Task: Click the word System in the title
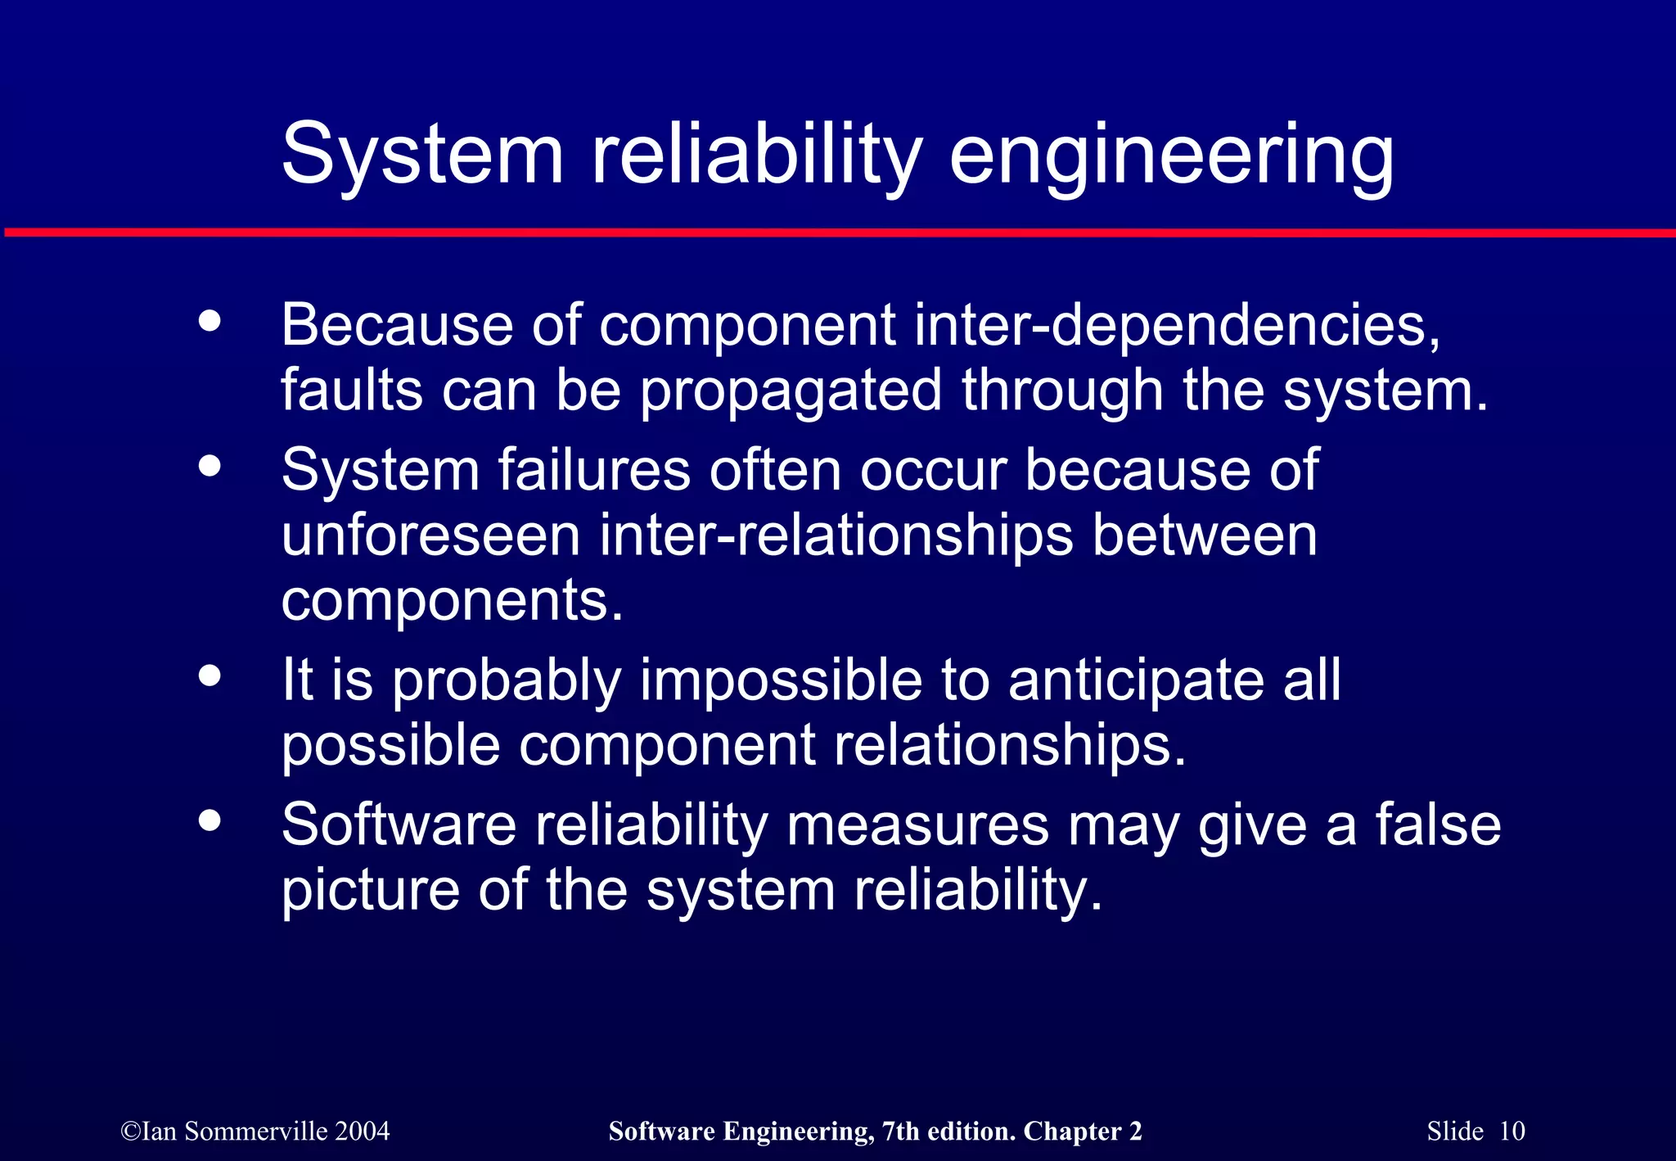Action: [x=422, y=156]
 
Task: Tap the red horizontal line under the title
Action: [x=838, y=233]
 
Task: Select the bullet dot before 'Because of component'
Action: [x=210, y=321]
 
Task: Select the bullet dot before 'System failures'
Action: [x=210, y=465]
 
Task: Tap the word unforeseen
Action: [x=430, y=536]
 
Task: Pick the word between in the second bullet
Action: [x=1205, y=536]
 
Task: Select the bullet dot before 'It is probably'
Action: [x=210, y=675]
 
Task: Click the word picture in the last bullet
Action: [x=370, y=892]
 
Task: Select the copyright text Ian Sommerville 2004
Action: [x=255, y=1132]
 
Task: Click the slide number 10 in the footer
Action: [x=1512, y=1132]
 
